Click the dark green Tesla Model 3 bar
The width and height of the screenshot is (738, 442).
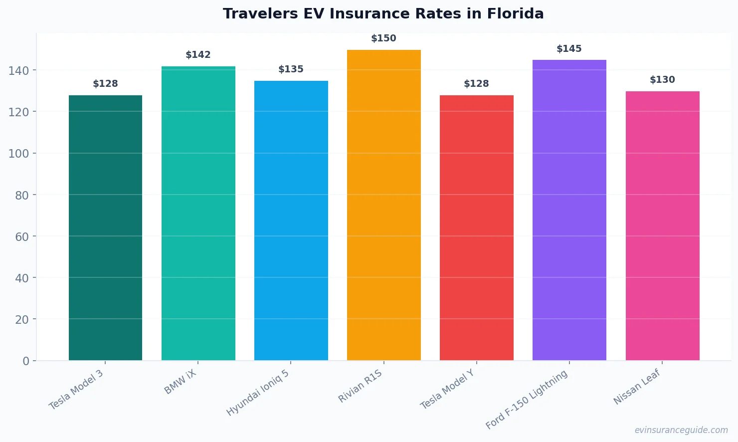pos(105,227)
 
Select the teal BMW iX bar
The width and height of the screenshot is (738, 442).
pos(198,213)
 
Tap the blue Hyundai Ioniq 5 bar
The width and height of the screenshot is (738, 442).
pos(291,220)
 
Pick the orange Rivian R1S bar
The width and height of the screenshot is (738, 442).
pos(383,205)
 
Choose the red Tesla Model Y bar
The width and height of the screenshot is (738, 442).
pos(476,227)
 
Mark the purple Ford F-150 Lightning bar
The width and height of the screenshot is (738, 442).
pos(569,210)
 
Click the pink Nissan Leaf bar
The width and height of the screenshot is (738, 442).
pos(662,225)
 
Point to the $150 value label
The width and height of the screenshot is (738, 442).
pos(383,38)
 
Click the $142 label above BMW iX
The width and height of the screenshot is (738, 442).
pos(198,55)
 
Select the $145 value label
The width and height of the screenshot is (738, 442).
pos(569,49)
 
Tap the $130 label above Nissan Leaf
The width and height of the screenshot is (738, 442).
pos(662,80)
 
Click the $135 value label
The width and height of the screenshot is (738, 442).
pos(291,69)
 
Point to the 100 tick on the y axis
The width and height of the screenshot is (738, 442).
pos(18,154)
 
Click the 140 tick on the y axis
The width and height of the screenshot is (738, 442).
pos(18,71)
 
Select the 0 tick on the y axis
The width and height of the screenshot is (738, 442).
pos(26,361)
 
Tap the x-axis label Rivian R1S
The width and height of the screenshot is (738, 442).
pos(360,386)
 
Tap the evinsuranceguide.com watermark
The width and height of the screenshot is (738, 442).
pos(681,430)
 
